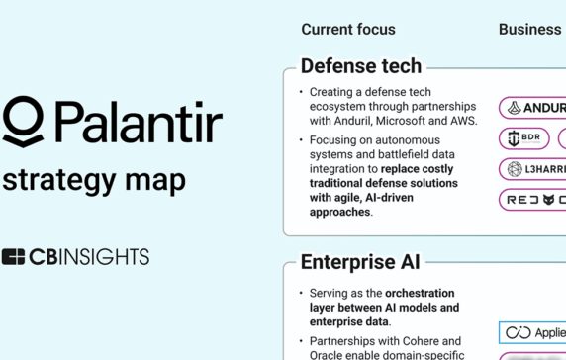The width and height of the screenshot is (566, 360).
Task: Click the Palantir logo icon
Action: pos(23,122)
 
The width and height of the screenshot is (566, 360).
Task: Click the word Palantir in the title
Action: pos(138,123)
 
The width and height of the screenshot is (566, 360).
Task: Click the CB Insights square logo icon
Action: pos(13,257)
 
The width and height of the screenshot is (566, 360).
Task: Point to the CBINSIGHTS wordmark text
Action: pos(89,257)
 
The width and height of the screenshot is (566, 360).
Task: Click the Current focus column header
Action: pos(348,30)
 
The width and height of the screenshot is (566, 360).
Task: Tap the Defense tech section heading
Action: pos(360,66)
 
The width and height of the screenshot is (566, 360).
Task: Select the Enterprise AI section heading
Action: pos(360,262)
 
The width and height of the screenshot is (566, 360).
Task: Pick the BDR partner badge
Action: pos(523,138)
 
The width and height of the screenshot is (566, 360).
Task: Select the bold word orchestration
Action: pos(420,294)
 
